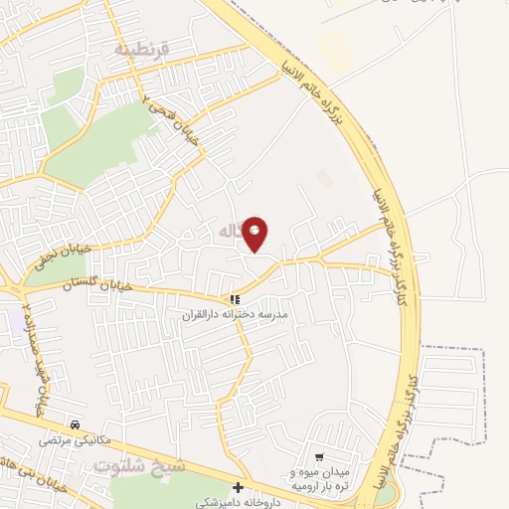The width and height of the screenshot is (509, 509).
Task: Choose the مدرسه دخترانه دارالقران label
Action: point(234,315)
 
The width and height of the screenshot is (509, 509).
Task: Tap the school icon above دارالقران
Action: point(235,299)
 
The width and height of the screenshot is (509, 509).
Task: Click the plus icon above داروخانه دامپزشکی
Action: point(238,488)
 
